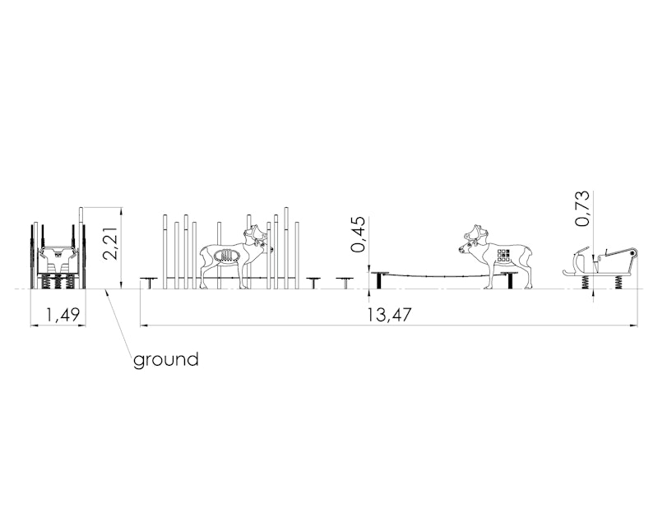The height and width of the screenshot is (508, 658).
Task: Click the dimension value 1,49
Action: [63, 315]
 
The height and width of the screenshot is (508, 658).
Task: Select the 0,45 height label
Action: [359, 234]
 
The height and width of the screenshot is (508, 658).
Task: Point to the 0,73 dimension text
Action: [582, 209]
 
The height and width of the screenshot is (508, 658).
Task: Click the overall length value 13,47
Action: [389, 315]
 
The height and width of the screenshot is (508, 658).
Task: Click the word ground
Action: [166, 360]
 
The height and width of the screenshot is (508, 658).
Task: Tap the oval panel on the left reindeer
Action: [226, 256]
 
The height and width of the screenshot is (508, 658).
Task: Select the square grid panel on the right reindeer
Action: [503, 256]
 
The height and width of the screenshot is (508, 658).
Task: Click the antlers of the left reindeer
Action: [256, 233]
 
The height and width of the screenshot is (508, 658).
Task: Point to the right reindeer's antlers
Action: [476, 233]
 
